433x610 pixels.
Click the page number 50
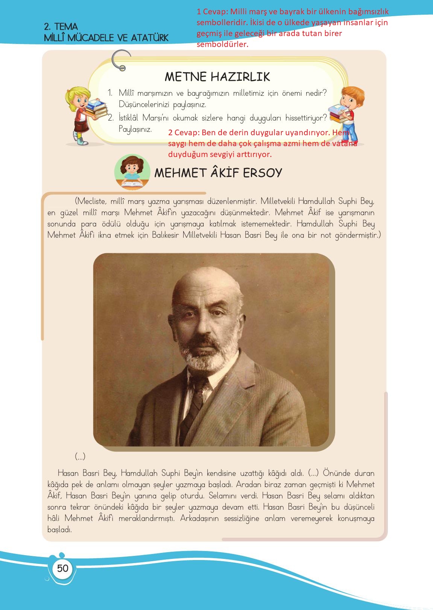pyautogui.click(x=62, y=568)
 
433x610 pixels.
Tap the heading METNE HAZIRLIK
pyautogui.click(x=217, y=77)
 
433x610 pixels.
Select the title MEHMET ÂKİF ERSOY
pyautogui.click(x=218, y=173)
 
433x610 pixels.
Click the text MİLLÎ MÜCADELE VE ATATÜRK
pyautogui.click(x=106, y=38)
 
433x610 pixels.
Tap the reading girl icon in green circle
pyautogui.click(x=132, y=172)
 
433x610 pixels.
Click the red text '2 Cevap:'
pyautogui.click(x=184, y=133)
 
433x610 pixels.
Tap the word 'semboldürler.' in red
pyautogui.click(x=222, y=44)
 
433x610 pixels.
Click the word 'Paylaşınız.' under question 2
pyautogui.click(x=135, y=129)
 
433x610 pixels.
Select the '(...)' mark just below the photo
pyautogui.click(x=80, y=456)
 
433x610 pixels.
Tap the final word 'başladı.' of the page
pyautogui.click(x=59, y=530)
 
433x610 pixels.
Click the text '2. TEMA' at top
pyautogui.click(x=61, y=27)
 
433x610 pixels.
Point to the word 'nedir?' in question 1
pyautogui.click(x=315, y=93)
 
